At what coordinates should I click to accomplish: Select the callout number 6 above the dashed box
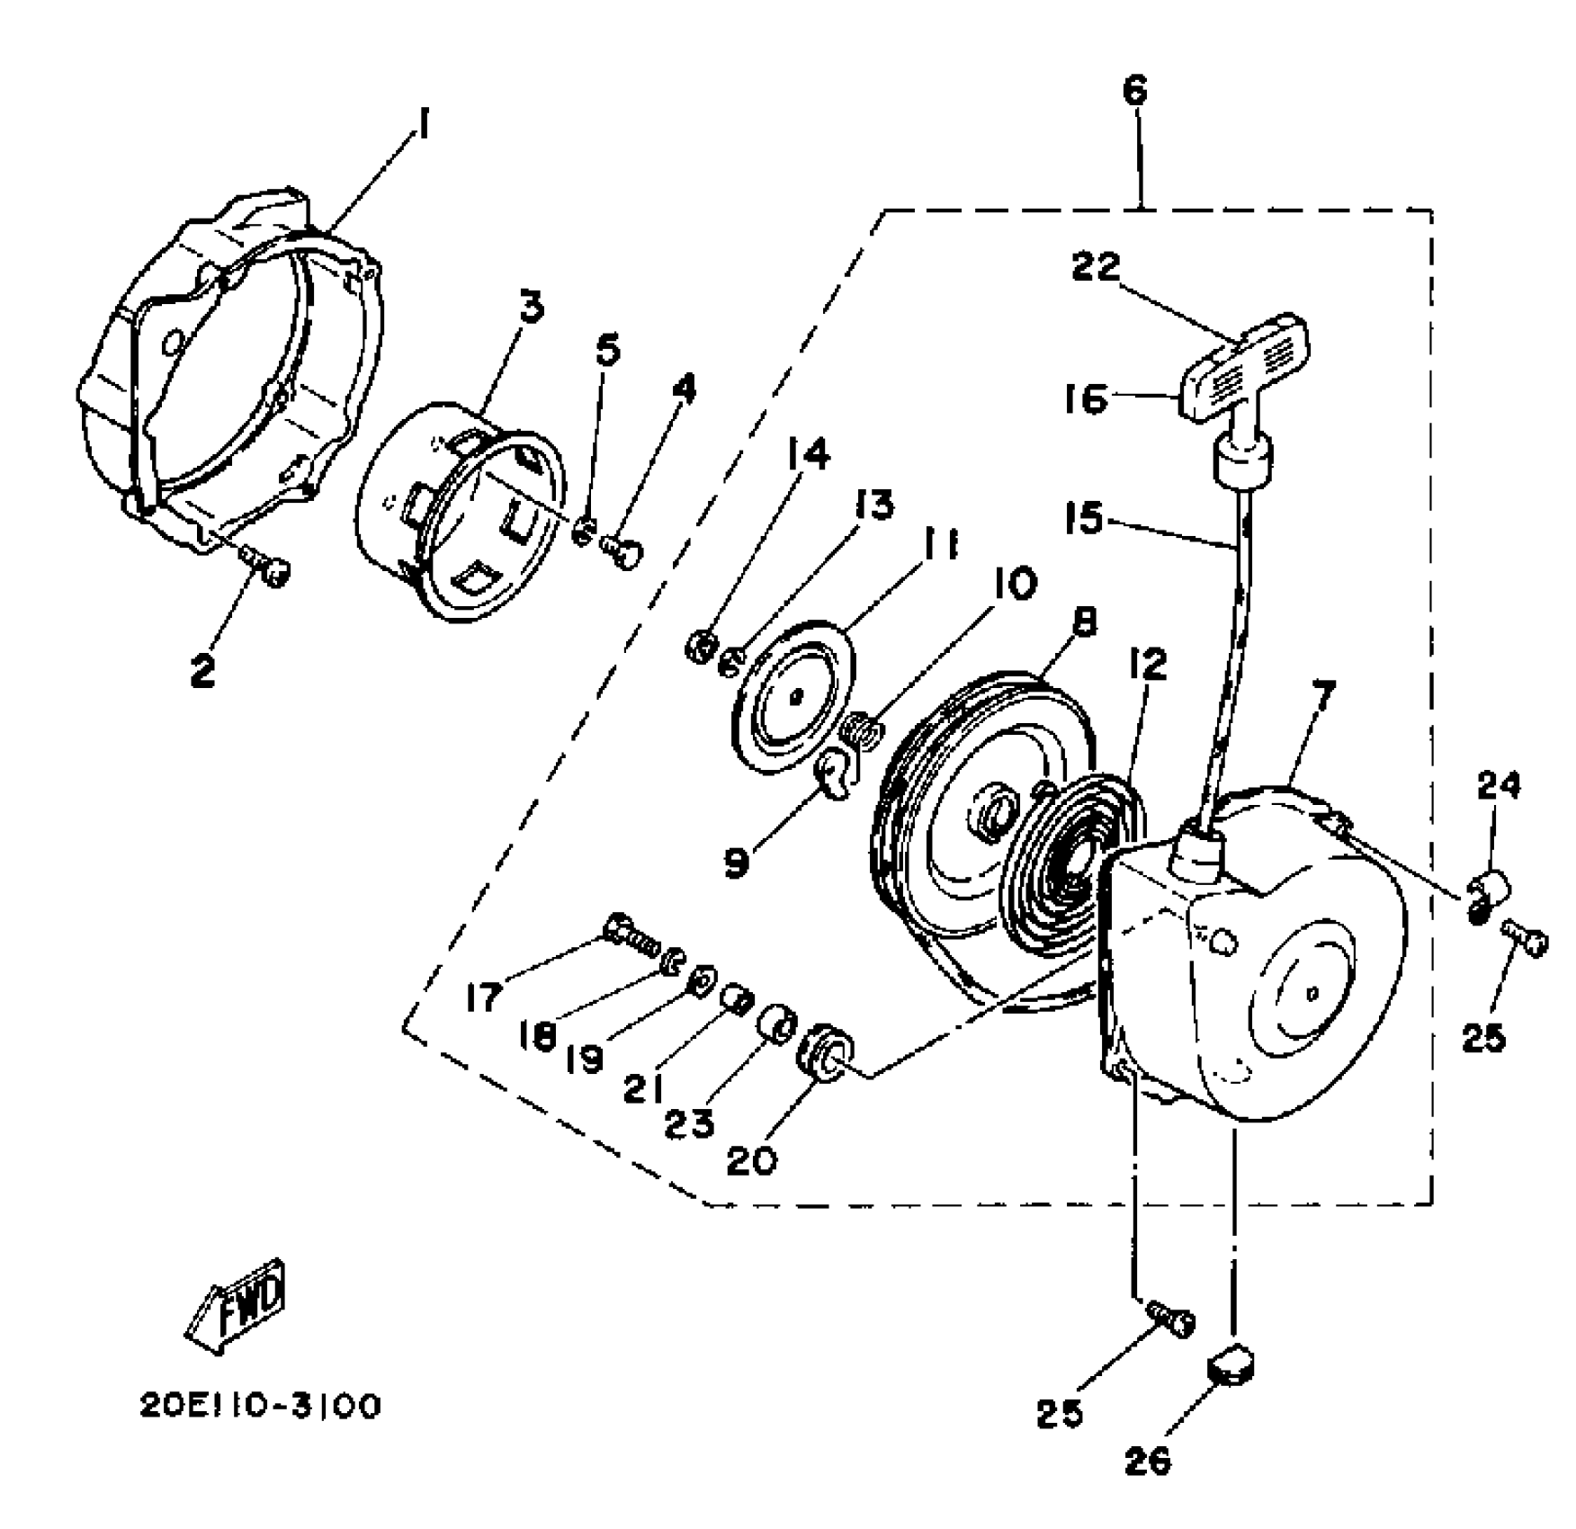coord(1135,91)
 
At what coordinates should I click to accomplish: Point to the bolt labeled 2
coord(270,568)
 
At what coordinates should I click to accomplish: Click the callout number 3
coord(533,308)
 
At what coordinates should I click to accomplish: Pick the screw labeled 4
coord(621,549)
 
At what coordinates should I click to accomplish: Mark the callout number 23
coord(690,1123)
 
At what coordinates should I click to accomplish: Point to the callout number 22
coord(1097,266)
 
